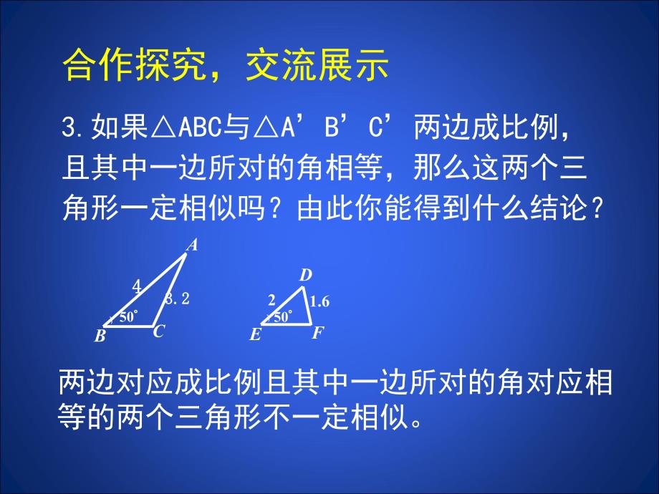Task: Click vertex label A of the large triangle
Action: pos(192,246)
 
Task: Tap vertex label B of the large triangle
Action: pos(100,336)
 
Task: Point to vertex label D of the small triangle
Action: pos(305,275)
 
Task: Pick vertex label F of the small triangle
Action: pos(318,333)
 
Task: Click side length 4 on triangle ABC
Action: pos(136,287)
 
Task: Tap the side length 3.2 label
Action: pos(178,299)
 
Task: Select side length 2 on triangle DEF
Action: pos(271,300)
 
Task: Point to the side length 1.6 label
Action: pos(320,302)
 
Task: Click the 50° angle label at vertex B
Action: pos(128,317)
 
